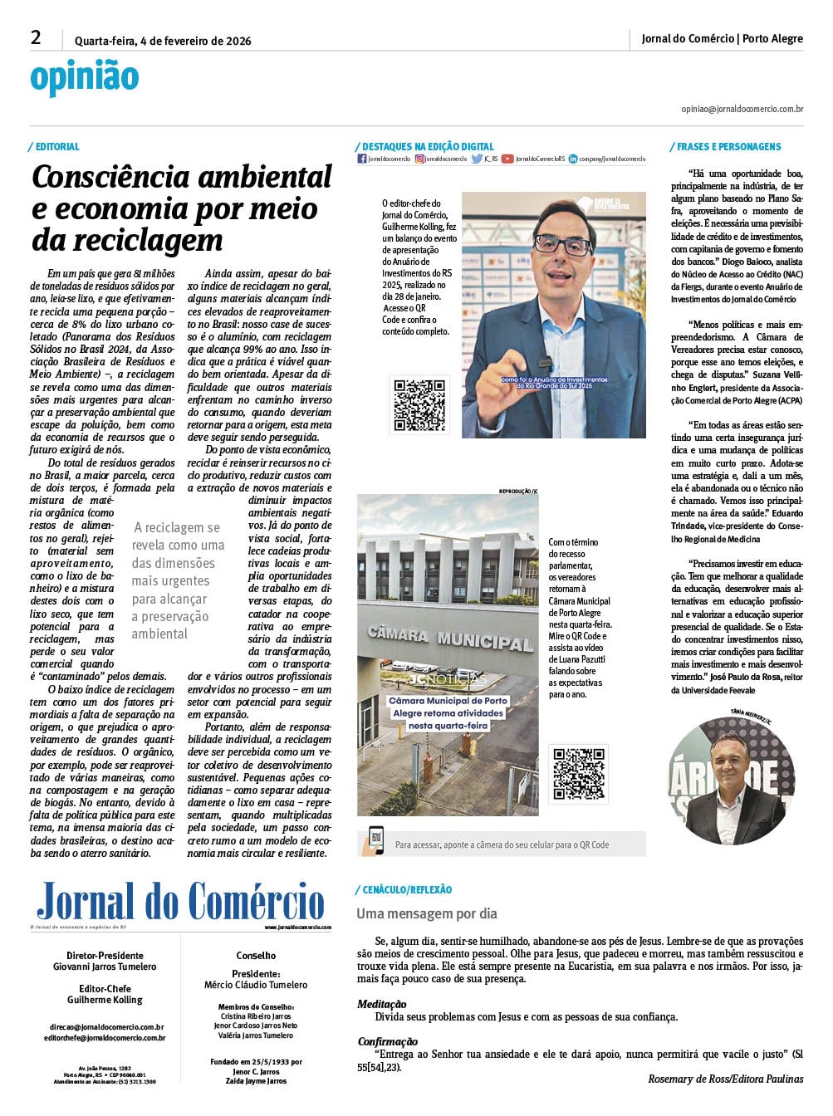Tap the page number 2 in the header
pos(36,37)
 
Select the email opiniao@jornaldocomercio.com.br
pos(742,109)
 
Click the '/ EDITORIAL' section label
pos(55,147)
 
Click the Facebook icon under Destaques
pos(361,159)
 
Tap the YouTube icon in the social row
pos(507,159)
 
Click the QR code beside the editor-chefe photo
pos(419,404)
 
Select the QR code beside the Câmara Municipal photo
pos(578,773)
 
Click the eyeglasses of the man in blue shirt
pos(562,243)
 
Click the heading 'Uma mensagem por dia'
pos(427,913)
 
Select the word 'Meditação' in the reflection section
pos(382,1004)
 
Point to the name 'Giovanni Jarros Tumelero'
pos(105,967)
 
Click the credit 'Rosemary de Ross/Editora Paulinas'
pos(725,1079)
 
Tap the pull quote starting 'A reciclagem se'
pos(178,580)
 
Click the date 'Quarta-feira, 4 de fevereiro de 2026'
pos(163,41)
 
